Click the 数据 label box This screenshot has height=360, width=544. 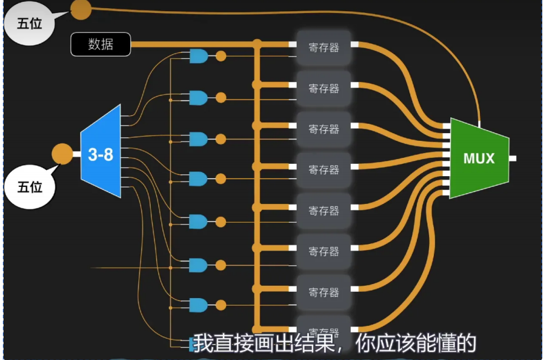click(x=101, y=44)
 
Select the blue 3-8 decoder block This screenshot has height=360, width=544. click(x=101, y=154)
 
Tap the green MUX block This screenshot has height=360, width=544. click(x=479, y=158)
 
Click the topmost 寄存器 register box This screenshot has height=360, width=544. click(x=324, y=48)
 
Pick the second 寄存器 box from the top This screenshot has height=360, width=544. click(x=324, y=88)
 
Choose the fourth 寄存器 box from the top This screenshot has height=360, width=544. click(x=324, y=170)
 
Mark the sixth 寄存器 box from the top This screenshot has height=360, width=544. click(x=324, y=251)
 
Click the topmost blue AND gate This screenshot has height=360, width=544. click(x=198, y=57)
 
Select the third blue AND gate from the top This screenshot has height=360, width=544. click(x=198, y=140)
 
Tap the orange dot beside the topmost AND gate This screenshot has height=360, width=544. click(x=221, y=57)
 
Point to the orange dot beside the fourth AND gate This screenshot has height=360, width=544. click(x=221, y=178)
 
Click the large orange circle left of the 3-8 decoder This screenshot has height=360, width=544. click(x=62, y=154)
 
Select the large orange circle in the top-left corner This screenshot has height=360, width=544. click(x=81, y=9)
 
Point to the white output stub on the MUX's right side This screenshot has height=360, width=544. click(x=513, y=158)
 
